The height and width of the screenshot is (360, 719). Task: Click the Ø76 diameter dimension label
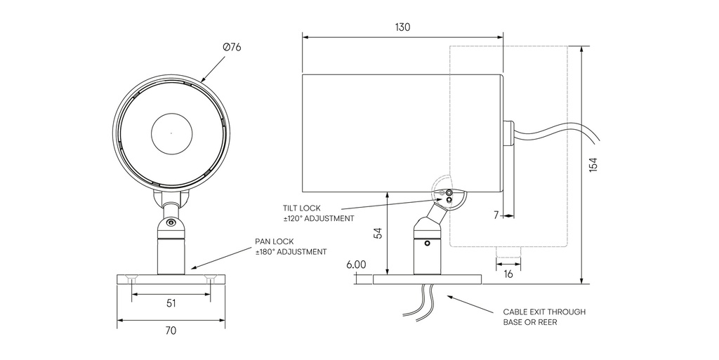[232, 46]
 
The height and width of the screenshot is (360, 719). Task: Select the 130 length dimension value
[402, 27]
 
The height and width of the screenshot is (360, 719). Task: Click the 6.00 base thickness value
[356, 265]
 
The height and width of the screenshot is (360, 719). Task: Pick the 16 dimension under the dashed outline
[508, 274]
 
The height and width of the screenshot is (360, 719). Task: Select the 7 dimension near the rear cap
[496, 215]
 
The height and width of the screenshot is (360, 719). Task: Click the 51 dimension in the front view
[171, 304]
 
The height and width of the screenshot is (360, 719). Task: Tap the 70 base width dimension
[171, 330]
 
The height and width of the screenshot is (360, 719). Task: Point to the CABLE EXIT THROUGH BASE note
[543, 317]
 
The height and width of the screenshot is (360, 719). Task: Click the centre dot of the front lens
[171, 133]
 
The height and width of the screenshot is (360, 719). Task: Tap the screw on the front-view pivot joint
[171, 223]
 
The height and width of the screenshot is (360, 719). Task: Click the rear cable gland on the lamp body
[508, 132]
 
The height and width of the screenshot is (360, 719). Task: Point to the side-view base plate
[427, 279]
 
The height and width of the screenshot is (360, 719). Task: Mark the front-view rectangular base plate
[171, 279]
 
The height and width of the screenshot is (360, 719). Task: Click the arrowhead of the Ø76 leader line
[204, 81]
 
